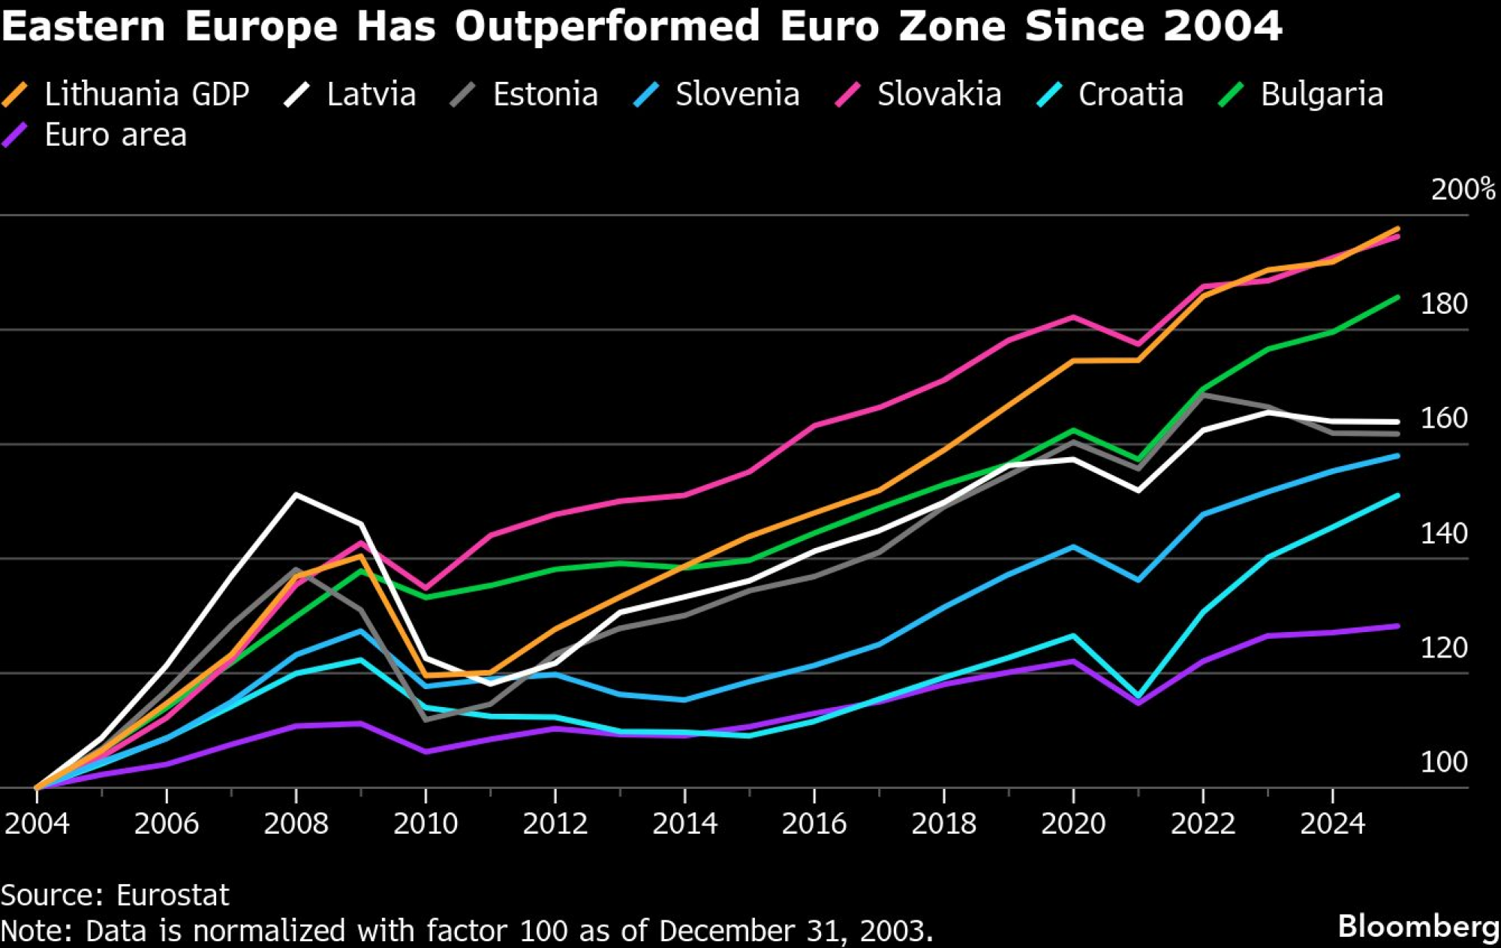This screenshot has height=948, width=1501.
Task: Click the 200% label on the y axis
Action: [1462, 189]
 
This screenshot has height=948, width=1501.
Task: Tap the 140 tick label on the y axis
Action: [1444, 534]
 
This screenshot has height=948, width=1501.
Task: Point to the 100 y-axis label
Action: [1444, 763]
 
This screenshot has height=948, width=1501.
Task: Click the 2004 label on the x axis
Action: [37, 823]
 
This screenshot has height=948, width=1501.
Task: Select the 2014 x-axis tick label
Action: [684, 823]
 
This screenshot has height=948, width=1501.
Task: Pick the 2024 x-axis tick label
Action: [1332, 823]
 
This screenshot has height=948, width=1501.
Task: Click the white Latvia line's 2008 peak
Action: [296, 495]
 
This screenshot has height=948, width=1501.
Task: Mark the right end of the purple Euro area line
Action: [1397, 626]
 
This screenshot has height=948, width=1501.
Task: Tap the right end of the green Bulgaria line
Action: [1397, 297]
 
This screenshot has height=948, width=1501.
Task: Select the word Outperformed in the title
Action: [606, 27]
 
